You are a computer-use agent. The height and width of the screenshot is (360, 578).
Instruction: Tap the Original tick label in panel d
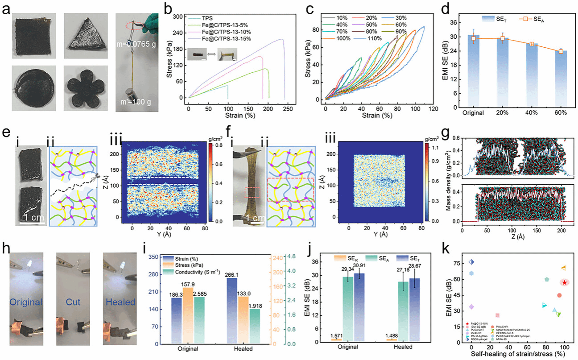[x=473, y=113]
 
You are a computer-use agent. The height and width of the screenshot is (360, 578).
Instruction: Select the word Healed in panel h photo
[x=120, y=302]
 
